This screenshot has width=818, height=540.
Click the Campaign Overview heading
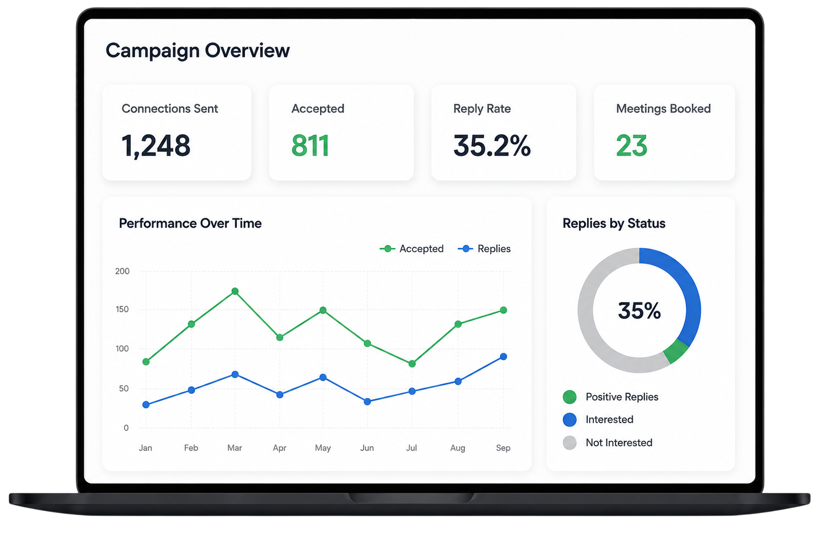pyautogui.click(x=198, y=51)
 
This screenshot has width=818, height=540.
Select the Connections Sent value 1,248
pyautogui.click(x=155, y=146)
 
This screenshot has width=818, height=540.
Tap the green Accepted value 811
pyautogui.click(x=311, y=146)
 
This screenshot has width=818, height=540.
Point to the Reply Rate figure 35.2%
pyautogui.click(x=492, y=146)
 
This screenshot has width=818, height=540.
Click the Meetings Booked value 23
pyautogui.click(x=632, y=146)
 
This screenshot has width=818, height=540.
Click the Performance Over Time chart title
pyautogui.click(x=190, y=223)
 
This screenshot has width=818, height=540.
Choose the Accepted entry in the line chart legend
pyautogui.click(x=411, y=249)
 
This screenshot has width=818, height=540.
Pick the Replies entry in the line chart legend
pyautogui.click(x=484, y=249)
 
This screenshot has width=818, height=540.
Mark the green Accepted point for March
pyautogui.click(x=235, y=291)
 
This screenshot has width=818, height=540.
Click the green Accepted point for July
pyautogui.click(x=412, y=364)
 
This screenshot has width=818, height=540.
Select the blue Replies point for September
pyautogui.click(x=503, y=357)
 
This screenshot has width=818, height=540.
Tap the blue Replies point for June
pyautogui.click(x=367, y=402)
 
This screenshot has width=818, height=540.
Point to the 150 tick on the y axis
pyautogui.click(x=122, y=309)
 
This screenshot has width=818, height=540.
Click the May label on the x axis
pyautogui.click(x=323, y=448)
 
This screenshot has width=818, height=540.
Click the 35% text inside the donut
pyautogui.click(x=639, y=311)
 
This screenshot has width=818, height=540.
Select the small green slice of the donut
pyautogui.click(x=675, y=351)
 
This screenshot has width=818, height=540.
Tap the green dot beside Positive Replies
pyautogui.click(x=570, y=397)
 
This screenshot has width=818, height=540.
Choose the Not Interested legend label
pyautogui.click(x=619, y=442)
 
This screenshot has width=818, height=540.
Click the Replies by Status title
pyautogui.click(x=614, y=223)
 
